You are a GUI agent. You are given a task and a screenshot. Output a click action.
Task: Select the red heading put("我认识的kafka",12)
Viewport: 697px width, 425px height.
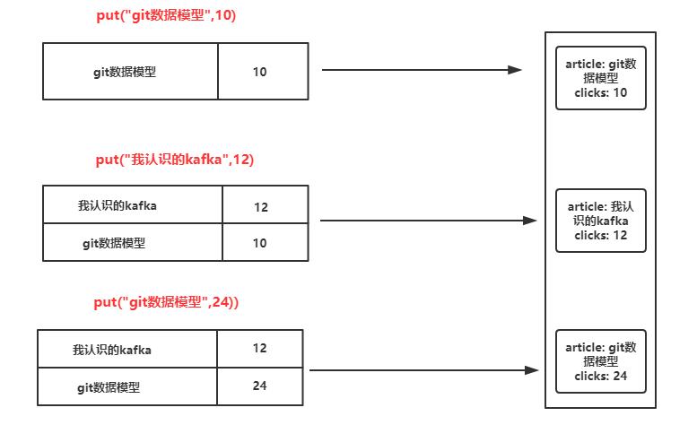[x=174, y=160]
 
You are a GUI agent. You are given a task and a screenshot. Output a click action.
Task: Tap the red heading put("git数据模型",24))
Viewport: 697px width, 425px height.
[x=166, y=303]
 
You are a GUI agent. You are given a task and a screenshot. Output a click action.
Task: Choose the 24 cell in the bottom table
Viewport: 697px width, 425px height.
[x=259, y=386]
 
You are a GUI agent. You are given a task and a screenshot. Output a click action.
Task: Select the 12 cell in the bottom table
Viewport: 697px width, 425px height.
[x=259, y=348]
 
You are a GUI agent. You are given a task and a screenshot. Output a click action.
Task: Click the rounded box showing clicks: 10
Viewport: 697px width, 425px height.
[x=600, y=78]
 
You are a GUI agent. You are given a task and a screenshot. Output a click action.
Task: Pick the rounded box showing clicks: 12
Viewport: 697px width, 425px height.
[x=600, y=221]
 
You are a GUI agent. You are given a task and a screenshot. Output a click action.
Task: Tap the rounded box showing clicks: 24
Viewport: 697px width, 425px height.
[x=600, y=361]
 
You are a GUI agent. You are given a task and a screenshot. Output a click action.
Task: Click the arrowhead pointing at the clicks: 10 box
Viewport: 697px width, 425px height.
[x=515, y=70]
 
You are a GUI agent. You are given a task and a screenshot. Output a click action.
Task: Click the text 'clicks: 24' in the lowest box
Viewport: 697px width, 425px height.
[x=600, y=376]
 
